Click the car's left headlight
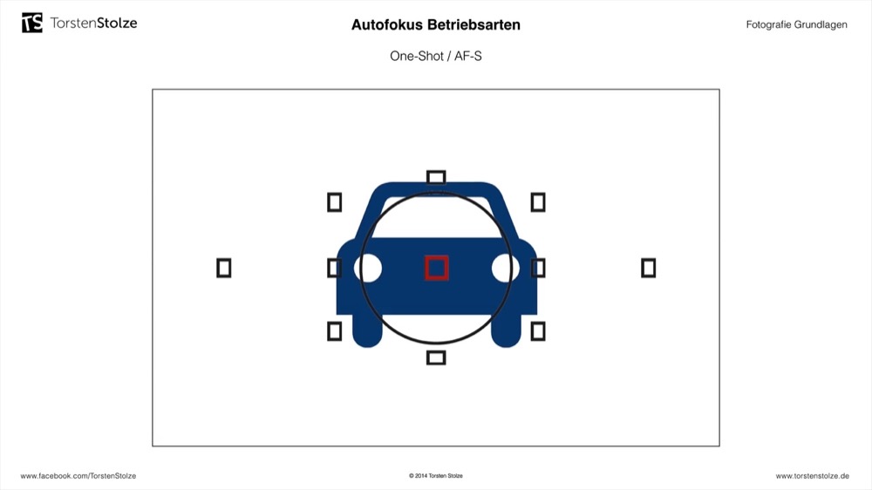tap(368, 268)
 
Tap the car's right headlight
tap(506, 268)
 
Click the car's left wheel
tap(367, 331)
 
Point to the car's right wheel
tap(506, 331)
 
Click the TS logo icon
tap(32, 23)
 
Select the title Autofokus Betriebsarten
tap(436, 25)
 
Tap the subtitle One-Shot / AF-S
tap(436, 56)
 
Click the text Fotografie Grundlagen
tap(796, 24)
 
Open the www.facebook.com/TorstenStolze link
tap(78, 476)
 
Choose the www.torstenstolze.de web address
tap(813, 476)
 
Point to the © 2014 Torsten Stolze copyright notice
tap(436, 476)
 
